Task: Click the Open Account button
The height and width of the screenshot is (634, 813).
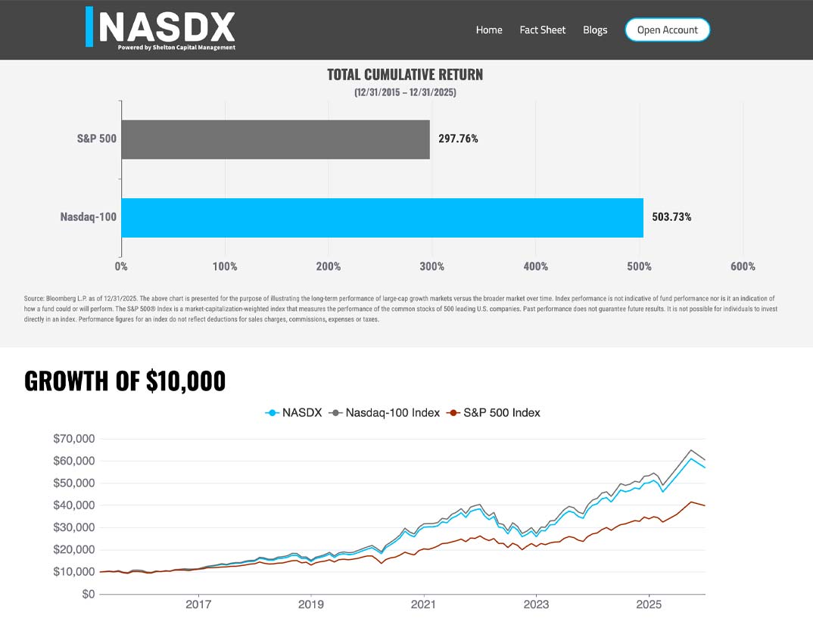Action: coord(667,30)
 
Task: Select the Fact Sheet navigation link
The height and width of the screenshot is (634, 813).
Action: coord(542,30)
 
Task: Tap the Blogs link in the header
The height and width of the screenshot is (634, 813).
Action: coord(595,30)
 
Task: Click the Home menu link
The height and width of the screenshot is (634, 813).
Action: coord(489,30)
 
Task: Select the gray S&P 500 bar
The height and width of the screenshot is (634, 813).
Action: coord(275,139)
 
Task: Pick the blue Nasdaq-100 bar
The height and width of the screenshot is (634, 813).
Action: coord(382,218)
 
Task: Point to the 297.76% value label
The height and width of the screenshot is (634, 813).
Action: coord(459,139)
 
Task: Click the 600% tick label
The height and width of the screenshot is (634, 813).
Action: coord(743,266)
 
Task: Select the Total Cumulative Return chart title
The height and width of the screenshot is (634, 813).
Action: coord(405,75)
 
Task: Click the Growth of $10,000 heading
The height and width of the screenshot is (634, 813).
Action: coord(125,381)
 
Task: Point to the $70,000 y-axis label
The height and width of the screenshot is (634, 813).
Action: coord(73,439)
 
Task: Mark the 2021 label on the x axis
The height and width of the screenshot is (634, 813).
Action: coord(423,605)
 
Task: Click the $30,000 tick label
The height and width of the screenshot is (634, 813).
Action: coord(73,527)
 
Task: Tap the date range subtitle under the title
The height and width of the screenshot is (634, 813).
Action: coord(405,92)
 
